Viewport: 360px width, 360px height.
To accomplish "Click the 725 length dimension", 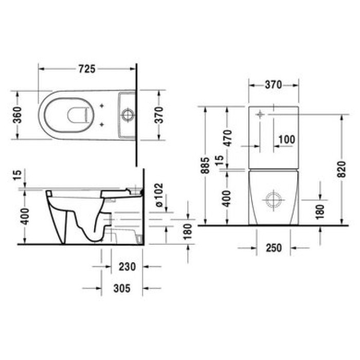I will pyautogui.click(x=87, y=68).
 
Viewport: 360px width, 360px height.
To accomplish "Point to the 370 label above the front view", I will pyautogui.click(x=273, y=85).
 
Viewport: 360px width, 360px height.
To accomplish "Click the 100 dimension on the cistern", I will pyautogui.click(x=286, y=139).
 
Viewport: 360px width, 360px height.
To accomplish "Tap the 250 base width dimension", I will pyautogui.click(x=273, y=248).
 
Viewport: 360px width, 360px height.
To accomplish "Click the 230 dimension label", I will pyautogui.click(x=127, y=267).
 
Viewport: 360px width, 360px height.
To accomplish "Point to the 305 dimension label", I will pyautogui.click(x=122, y=288).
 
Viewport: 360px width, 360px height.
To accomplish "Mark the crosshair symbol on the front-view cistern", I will pyautogui.click(x=260, y=115).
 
